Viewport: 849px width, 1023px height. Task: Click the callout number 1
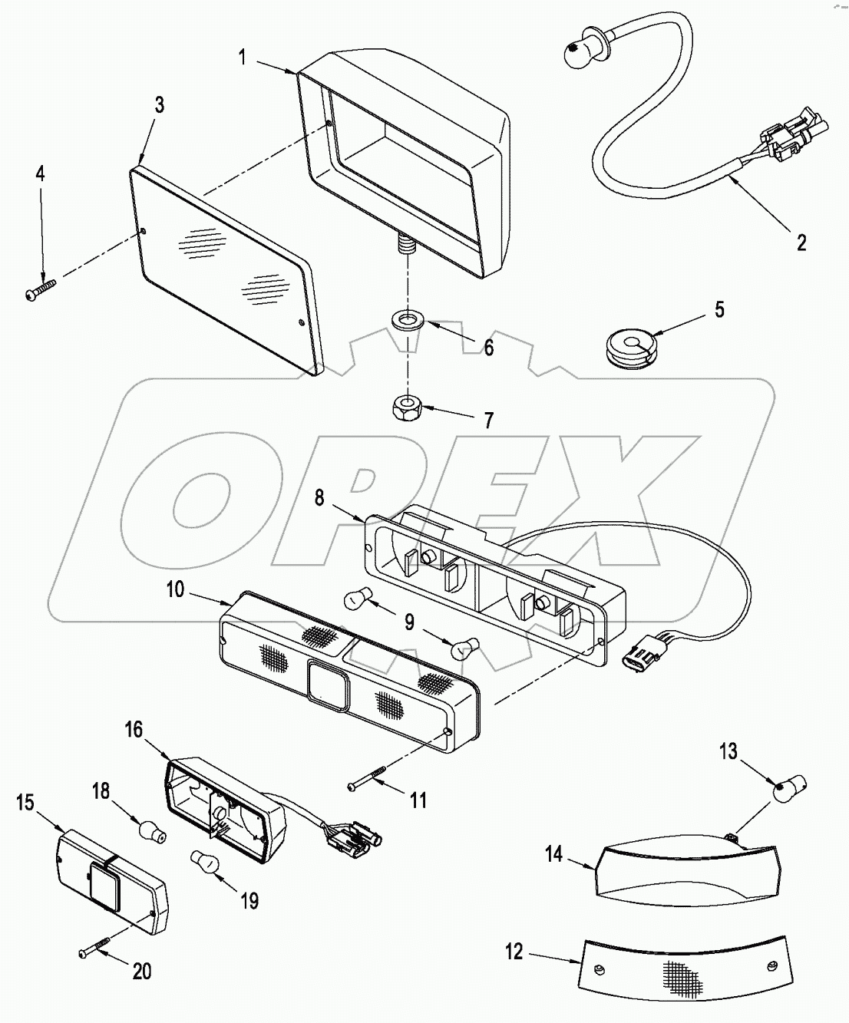click(x=243, y=57)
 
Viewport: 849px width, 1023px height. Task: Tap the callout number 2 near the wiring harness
click(x=801, y=243)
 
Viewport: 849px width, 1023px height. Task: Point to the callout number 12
click(x=514, y=952)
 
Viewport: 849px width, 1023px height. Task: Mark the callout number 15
click(x=25, y=803)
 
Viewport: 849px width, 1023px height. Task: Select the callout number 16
click(x=134, y=729)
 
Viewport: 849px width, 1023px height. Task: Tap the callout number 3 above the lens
click(x=158, y=105)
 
